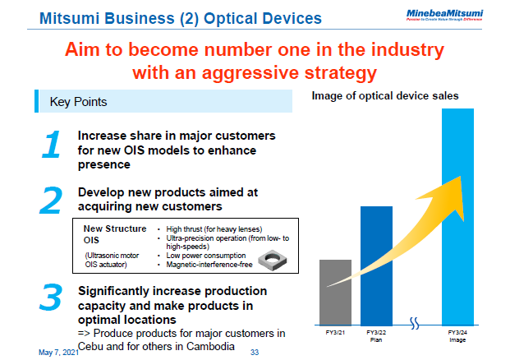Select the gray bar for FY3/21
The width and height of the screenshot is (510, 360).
[335, 292]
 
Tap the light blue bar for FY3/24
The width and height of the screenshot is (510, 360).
[457, 214]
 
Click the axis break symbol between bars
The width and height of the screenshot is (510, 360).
[416, 321]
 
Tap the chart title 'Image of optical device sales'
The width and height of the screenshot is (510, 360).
[384, 96]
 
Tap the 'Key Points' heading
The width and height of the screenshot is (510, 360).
[78, 102]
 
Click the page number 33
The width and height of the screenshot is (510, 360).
[254, 352]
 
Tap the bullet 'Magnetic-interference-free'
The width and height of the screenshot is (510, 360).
[209, 265]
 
